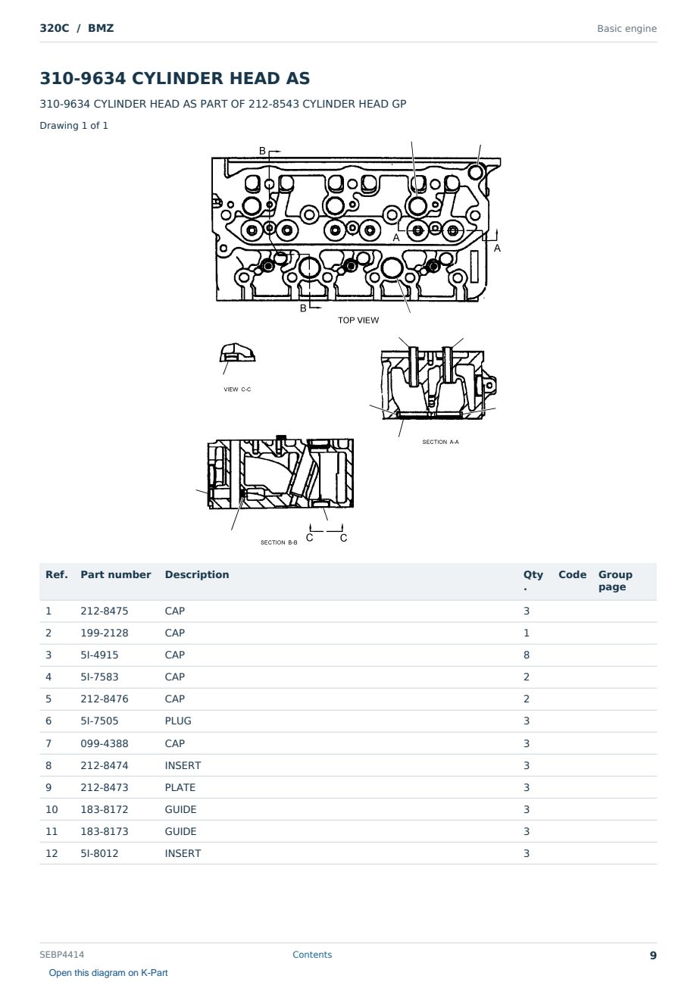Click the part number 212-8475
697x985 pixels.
click(x=105, y=611)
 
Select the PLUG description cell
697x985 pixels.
click(x=178, y=721)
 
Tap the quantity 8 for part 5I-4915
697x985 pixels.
click(x=527, y=655)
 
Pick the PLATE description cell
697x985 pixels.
click(x=180, y=787)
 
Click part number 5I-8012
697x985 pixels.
click(x=99, y=853)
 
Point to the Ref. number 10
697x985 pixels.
click(x=52, y=809)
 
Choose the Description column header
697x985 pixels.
click(x=197, y=574)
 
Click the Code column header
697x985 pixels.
click(x=572, y=574)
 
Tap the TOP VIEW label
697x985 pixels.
click(x=358, y=320)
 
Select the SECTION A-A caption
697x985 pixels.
click(x=440, y=442)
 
